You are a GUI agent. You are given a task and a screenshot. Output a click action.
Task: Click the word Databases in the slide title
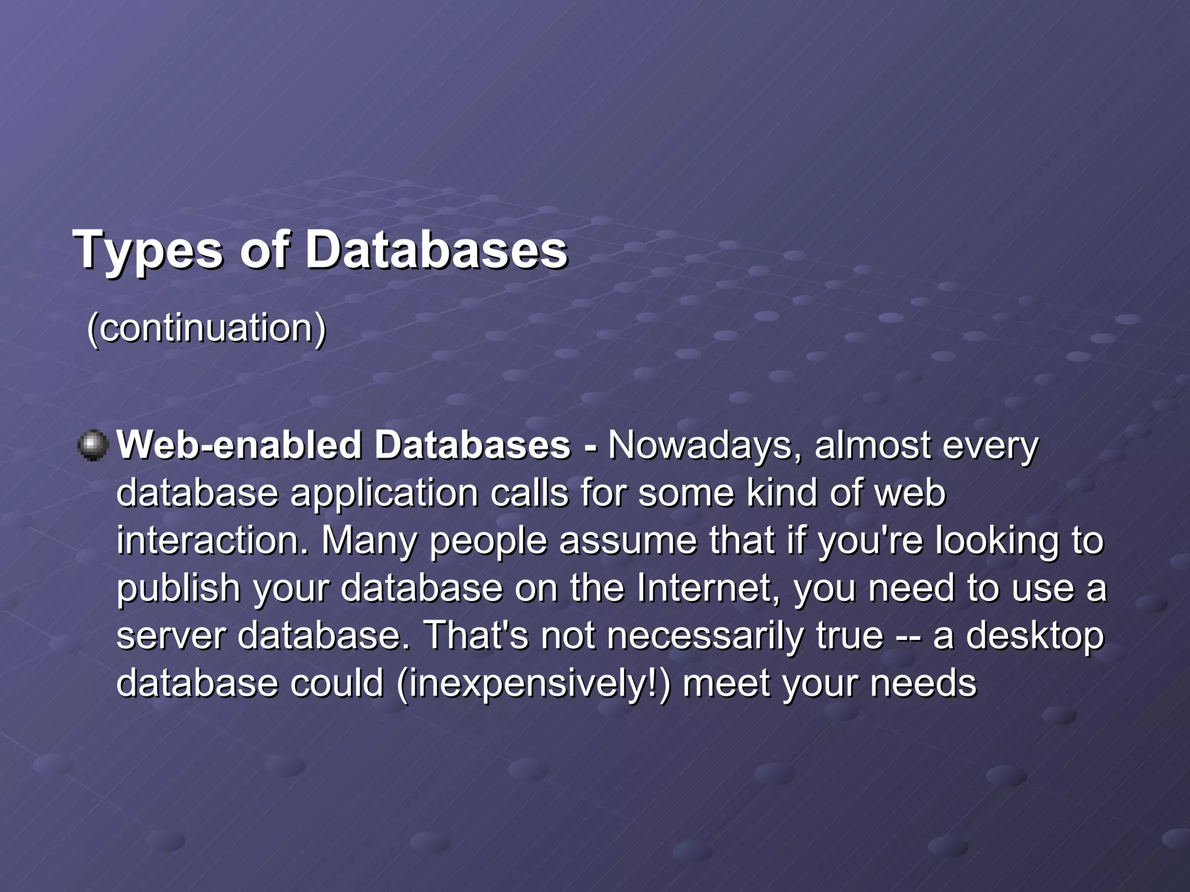[436, 250]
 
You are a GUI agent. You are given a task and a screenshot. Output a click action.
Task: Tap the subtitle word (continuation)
[206, 329]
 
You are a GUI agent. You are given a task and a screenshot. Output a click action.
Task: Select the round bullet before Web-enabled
[93, 446]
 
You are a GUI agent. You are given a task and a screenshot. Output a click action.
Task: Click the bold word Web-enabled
[238, 446]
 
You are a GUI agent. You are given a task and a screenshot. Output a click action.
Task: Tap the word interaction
[212, 541]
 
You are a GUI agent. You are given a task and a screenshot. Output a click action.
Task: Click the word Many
[369, 541]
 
